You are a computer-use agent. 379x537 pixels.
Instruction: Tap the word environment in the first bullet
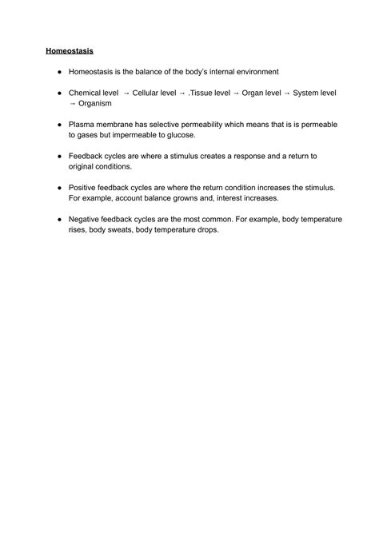click(252, 72)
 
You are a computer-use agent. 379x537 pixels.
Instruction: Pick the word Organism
click(96, 103)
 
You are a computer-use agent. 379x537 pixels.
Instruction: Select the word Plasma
click(82, 125)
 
